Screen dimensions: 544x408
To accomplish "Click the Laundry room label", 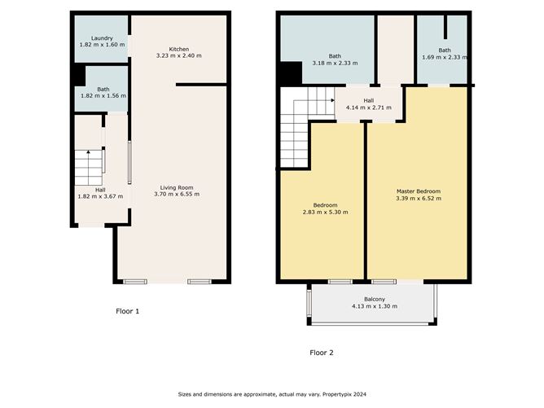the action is (102, 38).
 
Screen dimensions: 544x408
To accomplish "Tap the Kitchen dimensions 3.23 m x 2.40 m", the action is (178, 55).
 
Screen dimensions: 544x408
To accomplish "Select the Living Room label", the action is (177, 187).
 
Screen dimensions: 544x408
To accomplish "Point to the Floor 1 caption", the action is (127, 311).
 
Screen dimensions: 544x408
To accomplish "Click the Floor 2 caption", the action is (322, 353).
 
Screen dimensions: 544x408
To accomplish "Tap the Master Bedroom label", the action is (419, 191).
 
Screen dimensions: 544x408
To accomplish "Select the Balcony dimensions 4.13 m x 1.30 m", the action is (375, 306).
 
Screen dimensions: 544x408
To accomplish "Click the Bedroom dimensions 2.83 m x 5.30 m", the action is (326, 212).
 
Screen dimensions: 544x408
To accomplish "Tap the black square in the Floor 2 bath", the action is (291, 73).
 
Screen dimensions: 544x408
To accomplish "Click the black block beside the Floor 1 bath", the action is (80, 76).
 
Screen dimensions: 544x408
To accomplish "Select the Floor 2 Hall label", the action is (369, 101).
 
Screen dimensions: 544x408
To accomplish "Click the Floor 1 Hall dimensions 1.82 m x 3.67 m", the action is (100, 196).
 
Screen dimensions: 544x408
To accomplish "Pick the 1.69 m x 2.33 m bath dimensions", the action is (445, 57).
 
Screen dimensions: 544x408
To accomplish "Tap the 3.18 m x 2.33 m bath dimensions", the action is (335, 64).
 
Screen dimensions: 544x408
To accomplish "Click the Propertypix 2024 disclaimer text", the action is (272, 394).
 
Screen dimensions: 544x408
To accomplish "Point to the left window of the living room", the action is (135, 282).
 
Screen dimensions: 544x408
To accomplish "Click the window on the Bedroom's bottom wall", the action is (340, 282).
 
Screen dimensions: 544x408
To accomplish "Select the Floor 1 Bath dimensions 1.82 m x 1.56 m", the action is (103, 96).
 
